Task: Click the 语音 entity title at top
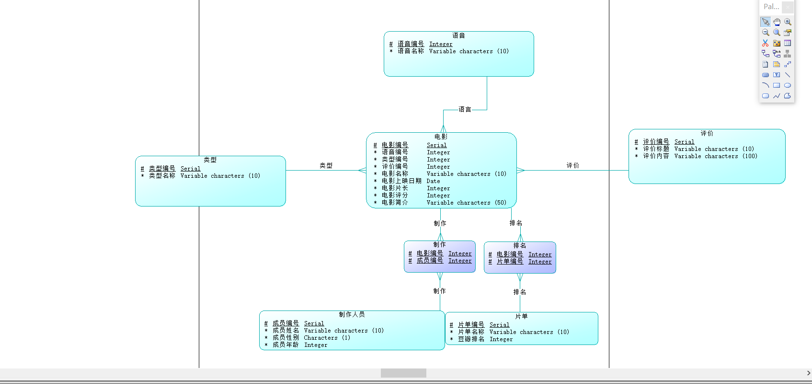pos(458,35)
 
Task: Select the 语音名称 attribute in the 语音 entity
pos(411,51)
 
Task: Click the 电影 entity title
pos(441,137)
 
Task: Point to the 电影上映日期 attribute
pos(401,181)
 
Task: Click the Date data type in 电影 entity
pos(433,181)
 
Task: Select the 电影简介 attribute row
pos(395,203)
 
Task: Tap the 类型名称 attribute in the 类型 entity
pos(162,176)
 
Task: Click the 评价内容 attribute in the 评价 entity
pos(656,156)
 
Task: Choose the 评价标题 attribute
pos(656,149)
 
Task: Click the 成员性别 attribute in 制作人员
pos(286,338)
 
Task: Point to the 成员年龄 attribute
pos(286,345)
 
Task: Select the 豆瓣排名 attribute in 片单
pos(471,339)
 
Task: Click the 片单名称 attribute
pos(471,332)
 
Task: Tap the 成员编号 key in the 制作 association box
pos(430,261)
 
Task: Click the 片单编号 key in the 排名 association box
pos(510,262)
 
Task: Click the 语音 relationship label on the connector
pos(465,110)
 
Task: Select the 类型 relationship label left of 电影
pos(326,166)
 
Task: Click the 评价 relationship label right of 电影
pos(572,166)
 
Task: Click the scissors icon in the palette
pos(765,43)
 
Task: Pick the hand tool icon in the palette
pos(777,22)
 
